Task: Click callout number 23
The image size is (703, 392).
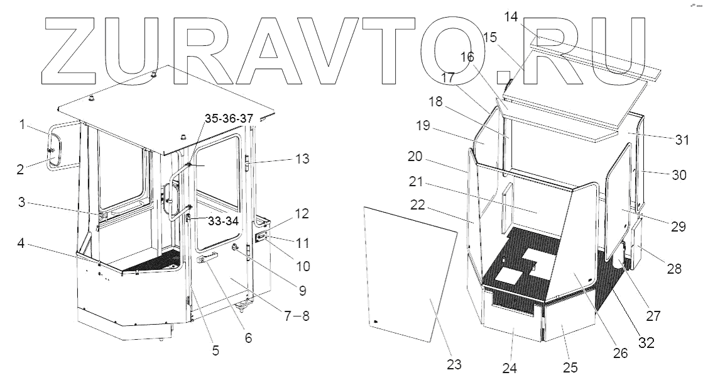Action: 454,364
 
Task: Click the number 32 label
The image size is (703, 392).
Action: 646,344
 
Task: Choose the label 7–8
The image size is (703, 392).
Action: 296,316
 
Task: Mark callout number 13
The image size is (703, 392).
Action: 302,159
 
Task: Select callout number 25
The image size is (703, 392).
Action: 570,367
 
